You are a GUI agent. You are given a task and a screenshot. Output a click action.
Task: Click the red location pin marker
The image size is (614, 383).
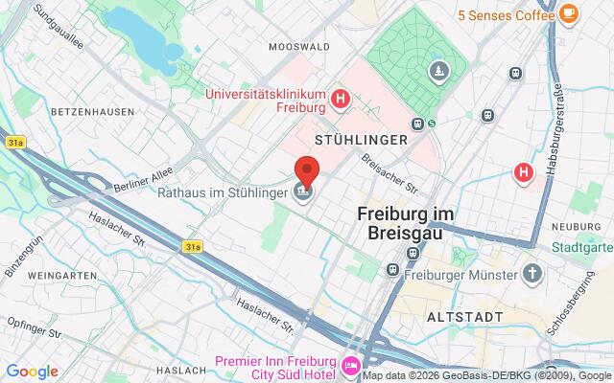click(306, 171)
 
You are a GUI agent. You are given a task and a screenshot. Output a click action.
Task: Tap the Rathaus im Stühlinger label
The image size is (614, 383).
click(236, 192)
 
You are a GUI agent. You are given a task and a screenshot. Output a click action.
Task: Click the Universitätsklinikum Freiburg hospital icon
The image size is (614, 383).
click(339, 98)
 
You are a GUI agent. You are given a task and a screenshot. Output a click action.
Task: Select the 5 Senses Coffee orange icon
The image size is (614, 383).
click(570, 13)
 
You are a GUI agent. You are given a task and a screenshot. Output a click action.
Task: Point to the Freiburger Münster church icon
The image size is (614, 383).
click(532, 274)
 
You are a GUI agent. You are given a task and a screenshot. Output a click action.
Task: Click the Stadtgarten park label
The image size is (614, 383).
click(581, 247)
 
